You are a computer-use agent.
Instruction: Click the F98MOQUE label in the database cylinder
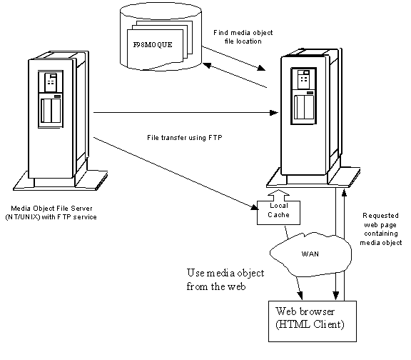coord(153,44)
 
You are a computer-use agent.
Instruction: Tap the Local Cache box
coord(278,213)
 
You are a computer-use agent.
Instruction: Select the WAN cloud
coord(310,254)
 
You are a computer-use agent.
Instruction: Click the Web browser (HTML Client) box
coord(313,321)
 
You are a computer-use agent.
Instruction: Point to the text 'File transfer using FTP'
coord(185,138)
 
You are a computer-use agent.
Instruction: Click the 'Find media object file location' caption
coord(243,37)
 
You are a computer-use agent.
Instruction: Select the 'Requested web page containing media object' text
coord(380,229)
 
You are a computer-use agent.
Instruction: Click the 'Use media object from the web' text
coord(225,280)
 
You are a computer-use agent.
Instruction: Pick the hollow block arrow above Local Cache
coord(278,196)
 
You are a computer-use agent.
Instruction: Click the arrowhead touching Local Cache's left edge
coord(255,207)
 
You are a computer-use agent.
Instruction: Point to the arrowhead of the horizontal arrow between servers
coord(274,113)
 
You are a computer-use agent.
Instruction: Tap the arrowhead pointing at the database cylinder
coord(208,65)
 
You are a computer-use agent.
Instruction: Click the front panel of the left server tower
coord(51,119)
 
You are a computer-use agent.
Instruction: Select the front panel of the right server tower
coord(303,116)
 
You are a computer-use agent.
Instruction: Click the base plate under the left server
coord(60,181)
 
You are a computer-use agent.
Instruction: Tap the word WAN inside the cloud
coord(310,254)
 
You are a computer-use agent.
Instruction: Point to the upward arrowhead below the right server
coord(344,193)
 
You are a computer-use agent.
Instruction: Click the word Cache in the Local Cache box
coord(278,215)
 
